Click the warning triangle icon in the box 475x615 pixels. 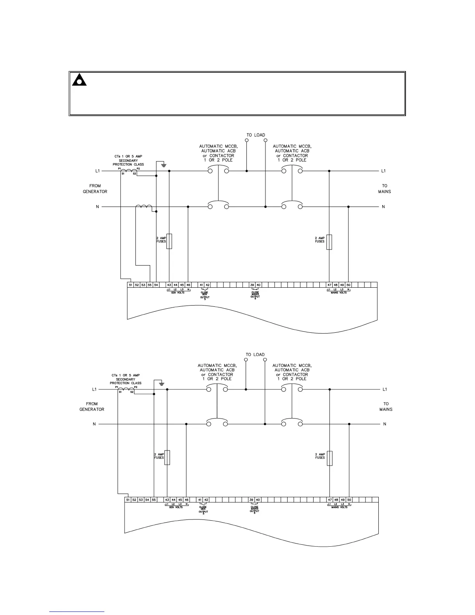pyautogui.click(x=79, y=80)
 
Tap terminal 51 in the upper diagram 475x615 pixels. pyautogui.click(x=131, y=285)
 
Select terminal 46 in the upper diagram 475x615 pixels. pyautogui.click(x=188, y=285)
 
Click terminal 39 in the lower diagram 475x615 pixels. pyautogui.click(x=251, y=500)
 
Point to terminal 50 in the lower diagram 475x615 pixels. pyautogui.click(x=349, y=500)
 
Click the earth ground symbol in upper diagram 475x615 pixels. pyautogui.click(x=164, y=165)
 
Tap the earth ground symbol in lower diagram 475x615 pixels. pyautogui.click(x=162, y=384)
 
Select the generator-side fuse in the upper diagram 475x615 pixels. pyautogui.click(x=169, y=241)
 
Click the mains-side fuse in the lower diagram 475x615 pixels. pyautogui.click(x=329, y=458)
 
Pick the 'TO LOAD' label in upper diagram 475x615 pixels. pyautogui.click(x=256, y=135)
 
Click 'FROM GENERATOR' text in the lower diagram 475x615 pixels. pyautogui.click(x=92, y=407)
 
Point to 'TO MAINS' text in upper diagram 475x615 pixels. pyautogui.click(x=385, y=189)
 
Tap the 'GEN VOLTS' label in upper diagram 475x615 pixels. pyautogui.click(x=178, y=293)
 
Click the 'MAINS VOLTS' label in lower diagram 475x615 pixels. pyautogui.click(x=340, y=507)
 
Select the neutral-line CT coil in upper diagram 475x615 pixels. pyautogui.click(x=144, y=207)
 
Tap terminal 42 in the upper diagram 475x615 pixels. pyautogui.click(x=208, y=285)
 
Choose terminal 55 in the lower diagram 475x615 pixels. pyautogui.click(x=154, y=500)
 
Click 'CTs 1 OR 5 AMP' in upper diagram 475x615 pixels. pyautogui.click(x=128, y=156)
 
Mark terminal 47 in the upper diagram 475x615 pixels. pyautogui.click(x=329, y=285)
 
